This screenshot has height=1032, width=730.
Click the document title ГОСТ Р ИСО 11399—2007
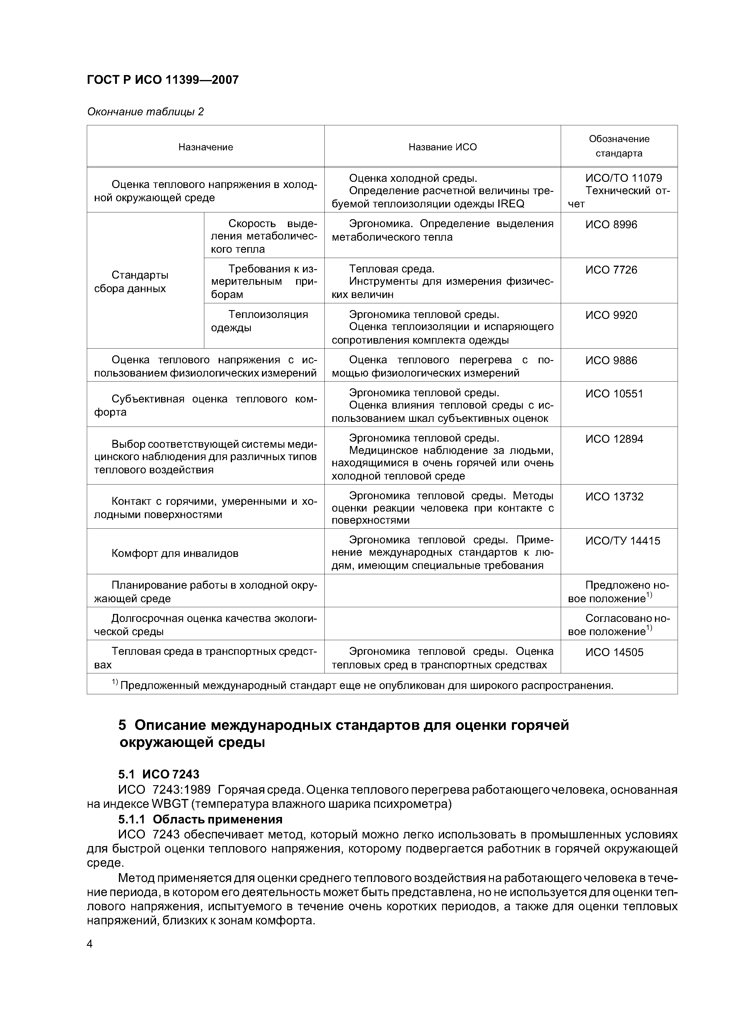tap(162, 80)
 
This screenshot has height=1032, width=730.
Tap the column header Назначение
tap(205, 147)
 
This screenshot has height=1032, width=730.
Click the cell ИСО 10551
tap(614, 394)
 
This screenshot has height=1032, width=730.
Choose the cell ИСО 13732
tap(614, 497)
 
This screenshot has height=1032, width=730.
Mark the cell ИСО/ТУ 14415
tap(623, 541)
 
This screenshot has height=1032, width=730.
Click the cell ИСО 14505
tap(614, 652)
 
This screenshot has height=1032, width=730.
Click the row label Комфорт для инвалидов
tap(175, 553)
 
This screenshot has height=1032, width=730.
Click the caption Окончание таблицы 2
tap(145, 111)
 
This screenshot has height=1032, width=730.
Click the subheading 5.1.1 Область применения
tap(200, 819)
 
